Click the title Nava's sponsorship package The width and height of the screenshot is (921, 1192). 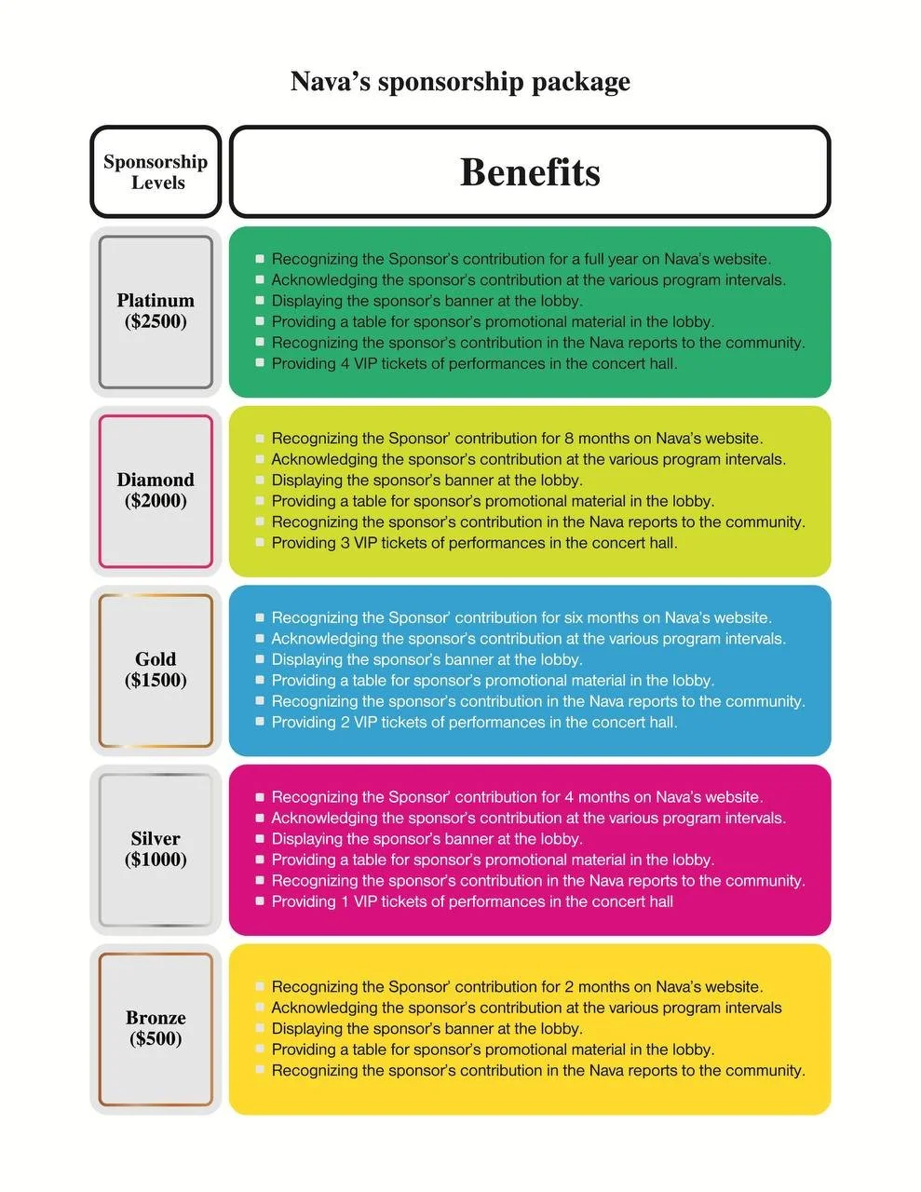click(x=460, y=82)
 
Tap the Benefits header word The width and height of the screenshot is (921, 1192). click(x=530, y=172)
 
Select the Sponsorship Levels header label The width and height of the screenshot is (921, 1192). click(x=156, y=172)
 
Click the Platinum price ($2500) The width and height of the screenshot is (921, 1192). click(x=156, y=322)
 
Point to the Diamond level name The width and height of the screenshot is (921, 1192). click(x=156, y=480)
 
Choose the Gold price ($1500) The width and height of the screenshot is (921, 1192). click(x=156, y=681)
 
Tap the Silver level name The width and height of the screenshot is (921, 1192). click(x=156, y=838)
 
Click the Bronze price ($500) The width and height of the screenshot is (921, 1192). click(x=156, y=1039)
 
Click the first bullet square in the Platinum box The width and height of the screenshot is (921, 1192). click(x=260, y=259)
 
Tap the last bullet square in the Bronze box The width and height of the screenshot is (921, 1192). click(x=260, y=1071)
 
